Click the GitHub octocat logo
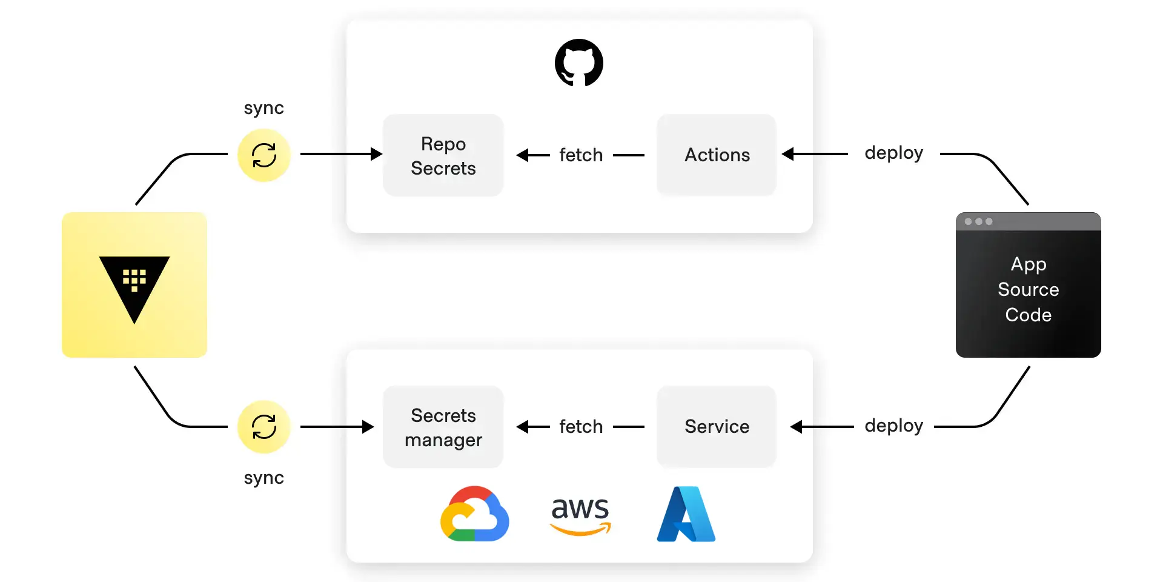point(578,63)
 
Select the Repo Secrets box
point(443,155)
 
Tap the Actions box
point(717,155)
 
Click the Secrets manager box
point(443,427)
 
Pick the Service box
point(717,427)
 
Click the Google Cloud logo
point(474,514)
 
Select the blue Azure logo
point(686,514)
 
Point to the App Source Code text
point(1028,289)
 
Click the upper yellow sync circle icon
point(264,155)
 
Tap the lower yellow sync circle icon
point(264,427)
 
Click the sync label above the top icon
point(263,109)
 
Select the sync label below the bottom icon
point(263,478)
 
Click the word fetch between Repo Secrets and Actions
point(580,155)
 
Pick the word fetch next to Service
point(580,427)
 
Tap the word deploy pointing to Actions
point(893,153)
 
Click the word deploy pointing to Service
point(893,426)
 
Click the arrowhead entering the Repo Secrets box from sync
point(376,154)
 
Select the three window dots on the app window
point(978,221)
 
